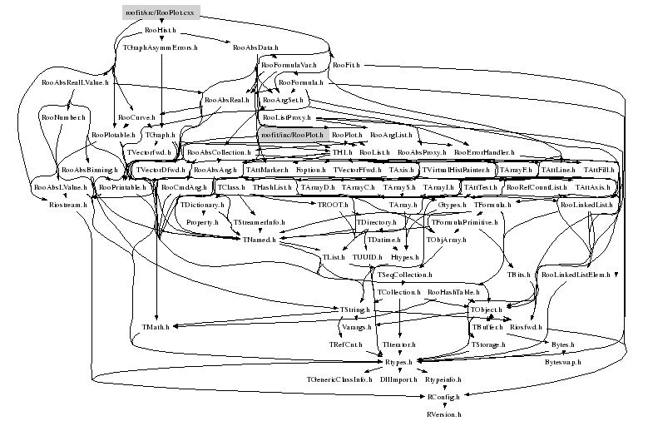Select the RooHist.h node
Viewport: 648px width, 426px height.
click(x=160, y=30)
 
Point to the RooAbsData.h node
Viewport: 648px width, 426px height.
click(x=255, y=48)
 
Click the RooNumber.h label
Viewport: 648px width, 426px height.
click(x=63, y=118)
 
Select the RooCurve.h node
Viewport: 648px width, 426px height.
click(x=133, y=117)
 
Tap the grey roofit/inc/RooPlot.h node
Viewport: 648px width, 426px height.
click(x=289, y=134)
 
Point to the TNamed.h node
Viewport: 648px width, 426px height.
click(x=255, y=240)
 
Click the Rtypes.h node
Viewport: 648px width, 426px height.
click(x=400, y=362)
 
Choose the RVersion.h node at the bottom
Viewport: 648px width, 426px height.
click(x=443, y=414)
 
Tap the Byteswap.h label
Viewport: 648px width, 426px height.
click(x=563, y=363)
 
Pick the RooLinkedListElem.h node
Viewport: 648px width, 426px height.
click(x=576, y=274)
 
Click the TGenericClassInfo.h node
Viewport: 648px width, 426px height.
click(x=338, y=379)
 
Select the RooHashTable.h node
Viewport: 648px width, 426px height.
click(x=451, y=293)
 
